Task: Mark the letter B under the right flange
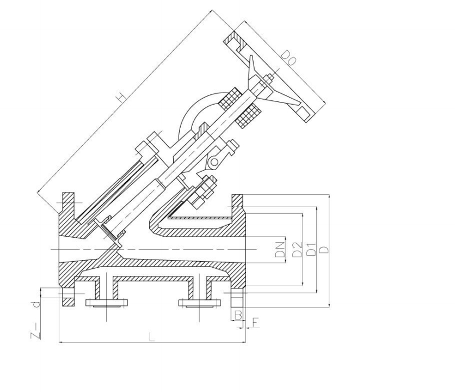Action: coord(237,315)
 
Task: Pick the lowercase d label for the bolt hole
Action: coord(36,304)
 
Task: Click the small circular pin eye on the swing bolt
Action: coord(214,161)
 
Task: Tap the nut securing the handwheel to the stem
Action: coord(268,84)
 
